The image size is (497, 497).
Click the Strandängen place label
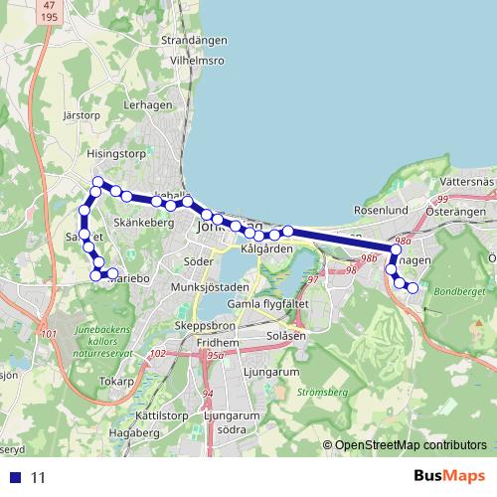pyautogui.click(x=194, y=43)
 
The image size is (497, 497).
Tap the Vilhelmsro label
pyautogui.click(x=197, y=60)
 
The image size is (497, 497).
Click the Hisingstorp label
pyautogui.click(x=115, y=155)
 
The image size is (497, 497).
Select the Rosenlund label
pyautogui.click(x=382, y=211)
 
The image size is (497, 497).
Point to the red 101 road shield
pyautogui.click(x=50, y=334)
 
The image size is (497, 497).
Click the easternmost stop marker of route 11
pyautogui.click(x=413, y=288)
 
